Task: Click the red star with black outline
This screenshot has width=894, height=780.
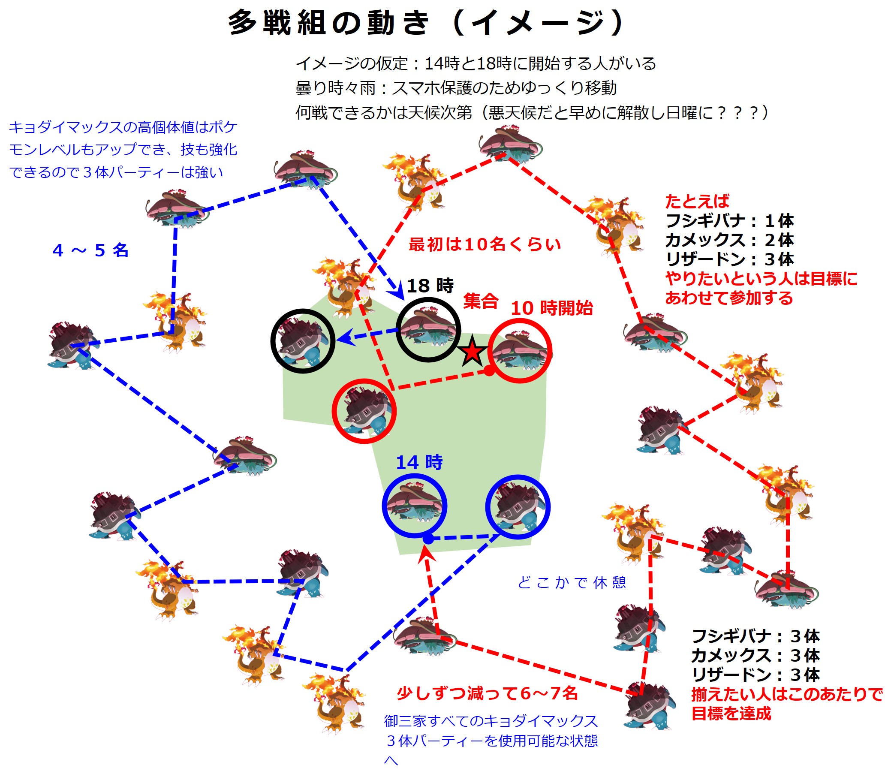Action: click(472, 352)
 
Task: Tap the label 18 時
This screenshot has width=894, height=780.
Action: click(430, 286)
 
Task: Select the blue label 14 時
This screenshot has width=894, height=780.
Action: click(419, 462)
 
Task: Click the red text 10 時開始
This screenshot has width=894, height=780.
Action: click(551, 308)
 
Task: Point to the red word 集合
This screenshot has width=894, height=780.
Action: click(481, 301)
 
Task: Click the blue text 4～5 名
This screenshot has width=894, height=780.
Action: click(90, 250)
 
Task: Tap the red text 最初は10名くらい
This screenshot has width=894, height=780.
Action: click(485, 244)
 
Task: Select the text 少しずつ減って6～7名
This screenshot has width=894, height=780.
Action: click(487, 693)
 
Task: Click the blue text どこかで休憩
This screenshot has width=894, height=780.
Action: click(572, 582)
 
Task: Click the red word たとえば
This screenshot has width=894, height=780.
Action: click(697, 202)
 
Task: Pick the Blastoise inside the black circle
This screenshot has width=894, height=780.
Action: click(302, 341)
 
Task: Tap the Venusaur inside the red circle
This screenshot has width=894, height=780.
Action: click(520, 351)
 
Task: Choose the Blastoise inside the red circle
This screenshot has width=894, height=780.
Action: click(364, 411)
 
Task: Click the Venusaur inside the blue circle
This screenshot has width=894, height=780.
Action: click(414, 505)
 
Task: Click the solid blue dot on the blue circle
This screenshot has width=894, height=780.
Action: click(428, 539)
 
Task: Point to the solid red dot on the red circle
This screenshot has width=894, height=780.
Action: click(489, 371)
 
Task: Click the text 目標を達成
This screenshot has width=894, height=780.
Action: click(731, 714)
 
